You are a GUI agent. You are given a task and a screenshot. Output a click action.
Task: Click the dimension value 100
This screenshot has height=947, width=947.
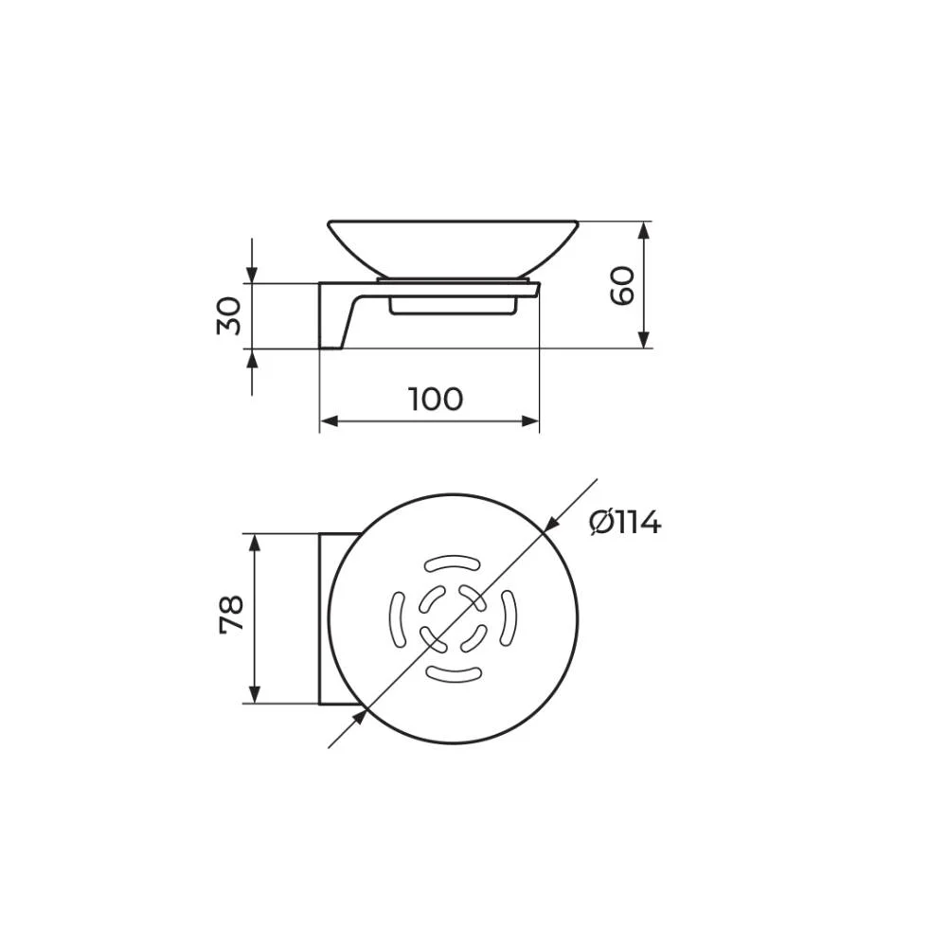coord(436,400)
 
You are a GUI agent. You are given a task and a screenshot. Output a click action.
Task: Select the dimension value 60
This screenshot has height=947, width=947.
coord(622,286)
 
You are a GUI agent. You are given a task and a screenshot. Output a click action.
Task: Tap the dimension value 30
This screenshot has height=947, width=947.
coord(229,315)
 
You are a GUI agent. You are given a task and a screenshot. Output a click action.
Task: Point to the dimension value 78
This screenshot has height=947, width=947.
coord(231,615)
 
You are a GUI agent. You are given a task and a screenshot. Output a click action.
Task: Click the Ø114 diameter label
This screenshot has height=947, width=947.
coord(625,523)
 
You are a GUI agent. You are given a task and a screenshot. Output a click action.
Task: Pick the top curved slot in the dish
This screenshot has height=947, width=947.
coord(453,564)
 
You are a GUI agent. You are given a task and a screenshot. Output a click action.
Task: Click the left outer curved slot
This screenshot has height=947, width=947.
coord(397,619)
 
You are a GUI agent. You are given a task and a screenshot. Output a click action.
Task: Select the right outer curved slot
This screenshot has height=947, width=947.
coord(509,618)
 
